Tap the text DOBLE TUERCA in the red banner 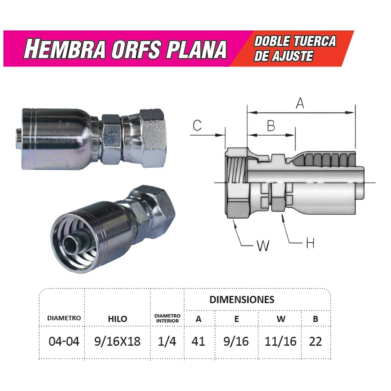coord(295,41)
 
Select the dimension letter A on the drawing coord(300,103)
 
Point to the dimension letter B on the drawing coord(271,126)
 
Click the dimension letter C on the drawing coord(197,126)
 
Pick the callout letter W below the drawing coord(263,246)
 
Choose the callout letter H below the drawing coord(310,244)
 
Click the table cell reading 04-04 coord(64,341)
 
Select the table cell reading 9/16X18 coord(117,341)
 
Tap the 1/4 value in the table coord(167,341)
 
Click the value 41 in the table coord(198,341)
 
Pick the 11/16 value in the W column coord(281,341)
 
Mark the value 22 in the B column coord(315,341)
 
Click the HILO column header coord(117,319)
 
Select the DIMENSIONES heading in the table coord(242,300)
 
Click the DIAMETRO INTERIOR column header coord(167,318)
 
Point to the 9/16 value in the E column coord(237,341)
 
